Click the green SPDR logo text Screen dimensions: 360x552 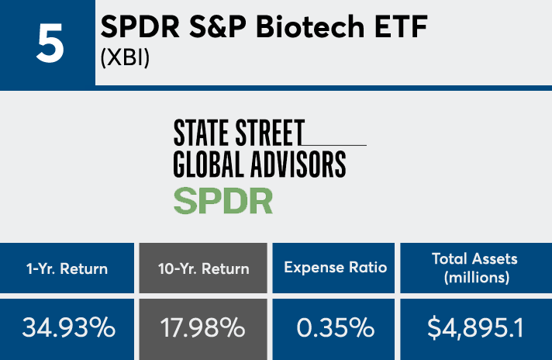click(x=223, y=200)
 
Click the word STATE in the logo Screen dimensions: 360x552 click(x=203, y=133)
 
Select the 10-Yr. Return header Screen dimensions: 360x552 click(x=205, y=269)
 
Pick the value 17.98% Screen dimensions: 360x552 click(x=205, y=327)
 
